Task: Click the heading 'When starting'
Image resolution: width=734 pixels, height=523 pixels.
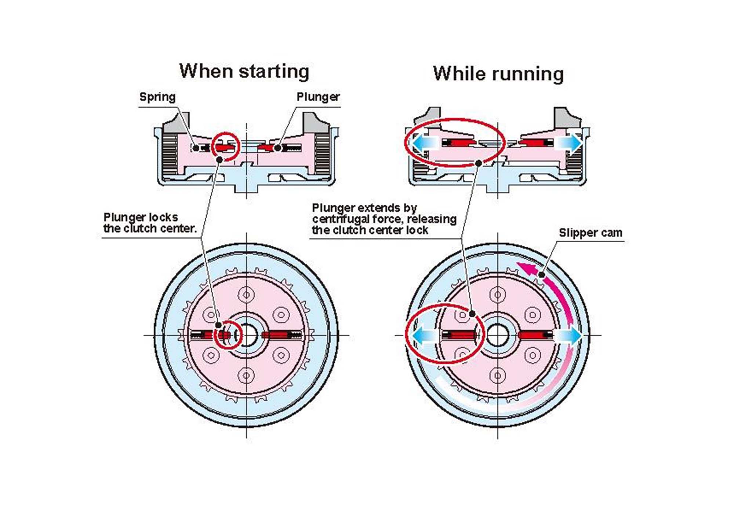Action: point(244,72)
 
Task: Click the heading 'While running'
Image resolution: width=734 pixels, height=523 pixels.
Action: point(498,74)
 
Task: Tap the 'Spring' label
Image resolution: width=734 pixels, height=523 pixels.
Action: point(157,97)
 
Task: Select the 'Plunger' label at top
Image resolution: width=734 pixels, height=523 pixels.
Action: point(318,97)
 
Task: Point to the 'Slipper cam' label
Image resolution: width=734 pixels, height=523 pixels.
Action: point(590,233)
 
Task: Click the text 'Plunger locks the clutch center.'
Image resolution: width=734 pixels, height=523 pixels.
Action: point(150,223)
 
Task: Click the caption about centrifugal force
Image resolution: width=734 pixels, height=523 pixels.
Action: point(384,219)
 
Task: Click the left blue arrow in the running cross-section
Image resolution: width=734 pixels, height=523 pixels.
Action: point(422,143)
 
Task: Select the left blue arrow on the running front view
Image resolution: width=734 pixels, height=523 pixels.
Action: point(422,335)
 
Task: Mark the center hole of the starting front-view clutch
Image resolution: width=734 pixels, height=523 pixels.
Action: point(247,335)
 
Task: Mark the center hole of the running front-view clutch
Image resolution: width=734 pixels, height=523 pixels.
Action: point(498,335)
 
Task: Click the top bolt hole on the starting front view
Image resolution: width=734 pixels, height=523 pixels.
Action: point(246,294)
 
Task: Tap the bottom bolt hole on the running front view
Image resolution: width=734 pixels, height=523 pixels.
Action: point(498,375)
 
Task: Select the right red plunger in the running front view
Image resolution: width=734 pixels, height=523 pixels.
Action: point(531,335)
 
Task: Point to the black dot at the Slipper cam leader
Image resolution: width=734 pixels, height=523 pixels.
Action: point(542,275)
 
